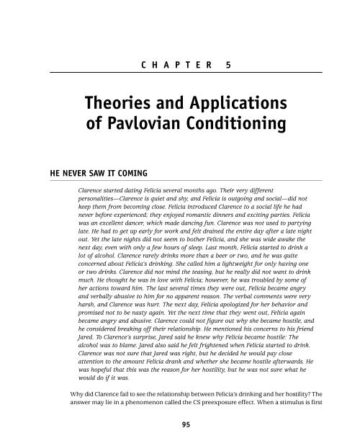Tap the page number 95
[179, 425]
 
